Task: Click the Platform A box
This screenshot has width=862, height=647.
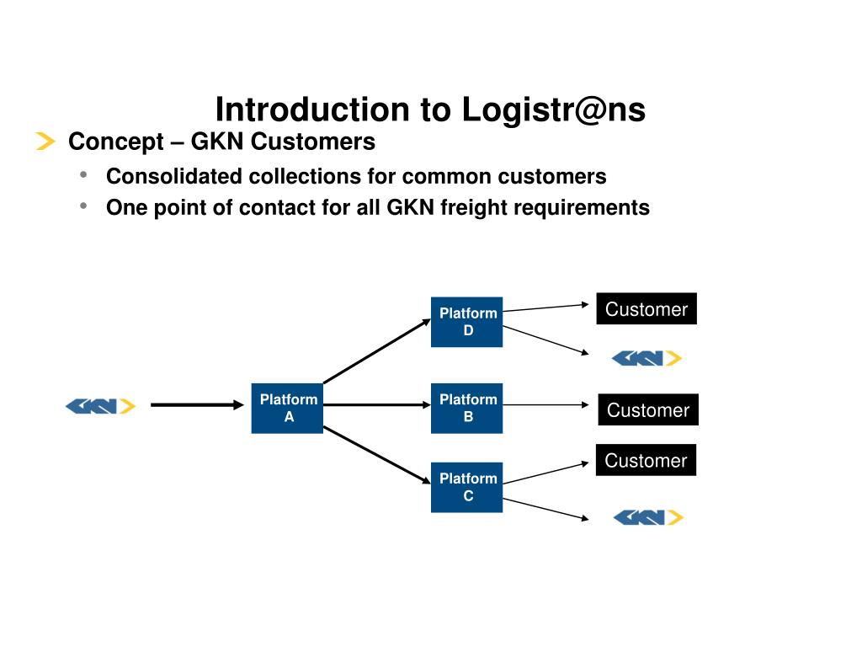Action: click(x=287, y=409)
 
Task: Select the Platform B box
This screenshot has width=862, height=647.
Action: click(x=466, y=409)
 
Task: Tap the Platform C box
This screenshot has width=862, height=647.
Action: click(x=466, y=488)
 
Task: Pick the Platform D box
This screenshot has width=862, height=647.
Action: click(x=466, y=322)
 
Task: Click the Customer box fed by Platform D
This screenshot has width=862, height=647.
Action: click(x=646, y=308)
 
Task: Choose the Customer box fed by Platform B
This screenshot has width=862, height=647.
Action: click(x=648, y=409)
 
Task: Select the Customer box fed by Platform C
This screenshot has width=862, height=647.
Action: click(x=646, y=460)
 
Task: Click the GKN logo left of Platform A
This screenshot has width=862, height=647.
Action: click(x=101, y=406)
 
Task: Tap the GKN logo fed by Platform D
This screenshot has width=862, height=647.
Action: click(x=646, y=359)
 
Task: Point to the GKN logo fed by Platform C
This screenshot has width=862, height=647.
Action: click(x=648, y=518)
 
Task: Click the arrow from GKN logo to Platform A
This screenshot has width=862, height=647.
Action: click(x=197, y=405)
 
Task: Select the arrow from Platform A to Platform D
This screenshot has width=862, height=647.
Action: click(x=377, y=351)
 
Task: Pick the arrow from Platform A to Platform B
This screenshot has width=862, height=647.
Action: click(x=377, y=405)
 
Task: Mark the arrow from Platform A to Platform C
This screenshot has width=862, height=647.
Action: click(x=377, y=455)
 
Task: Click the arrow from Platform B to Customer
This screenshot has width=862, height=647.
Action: click(x=545, y=405)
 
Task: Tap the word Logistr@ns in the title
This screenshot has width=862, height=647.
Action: click(x=554, y=110)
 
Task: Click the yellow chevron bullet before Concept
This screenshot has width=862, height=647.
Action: click(x=45, y=141)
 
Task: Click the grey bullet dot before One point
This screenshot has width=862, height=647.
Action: click(x=83, y=206)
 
